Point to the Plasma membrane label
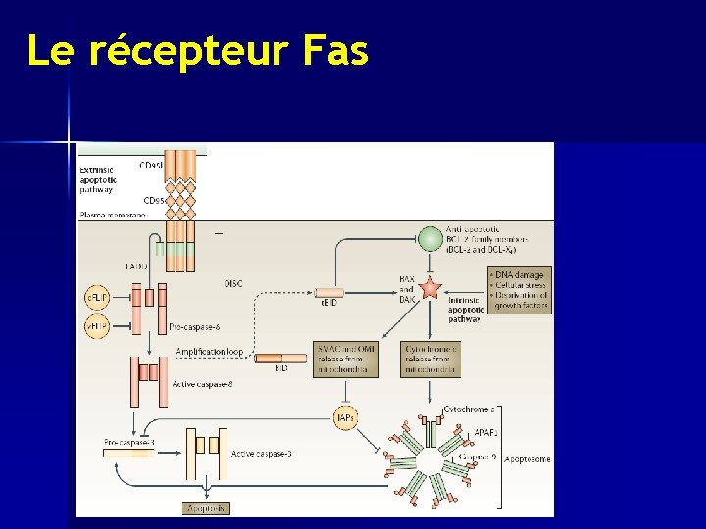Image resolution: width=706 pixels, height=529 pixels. pyautogui.click(x=113, y=215)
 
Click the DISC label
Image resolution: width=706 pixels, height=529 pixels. pyautogui.click(x=233, y=283)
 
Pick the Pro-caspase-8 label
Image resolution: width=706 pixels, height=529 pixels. pyautogui.click(x=195, y=326)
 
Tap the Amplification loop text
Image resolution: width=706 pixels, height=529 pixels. pyautogui.click(x=210, y=352)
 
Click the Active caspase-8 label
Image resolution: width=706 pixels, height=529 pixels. pyautogui.click(x=202, y=385)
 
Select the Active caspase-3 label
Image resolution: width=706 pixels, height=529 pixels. pyautogui.click(x=261, y=454)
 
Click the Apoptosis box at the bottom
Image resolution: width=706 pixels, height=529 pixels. pyautogui.click(x=207, y=508)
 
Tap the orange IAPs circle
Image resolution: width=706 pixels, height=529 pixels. pyautogui.click(x=345, y=418)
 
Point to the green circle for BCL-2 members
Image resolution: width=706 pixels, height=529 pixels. pyautogui.click(x=430, y=238)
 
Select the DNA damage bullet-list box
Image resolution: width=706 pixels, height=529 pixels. pyautogui.click(x=520, y=290)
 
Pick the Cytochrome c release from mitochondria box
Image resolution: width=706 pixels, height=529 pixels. pyautogui.click(x=430, y=359)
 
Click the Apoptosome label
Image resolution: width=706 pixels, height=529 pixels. pyautogui.click(x=528, y=458)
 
